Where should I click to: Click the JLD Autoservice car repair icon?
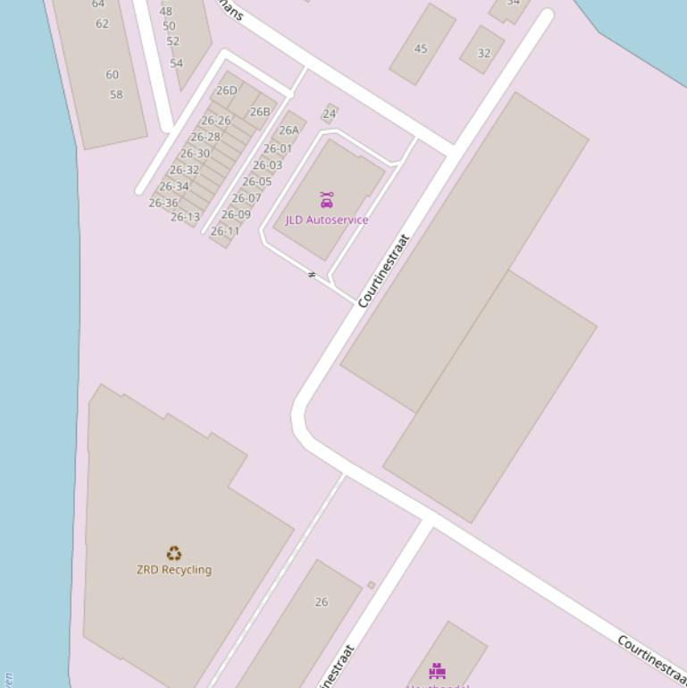click(327, 200)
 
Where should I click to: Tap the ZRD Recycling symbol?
click(174, 554)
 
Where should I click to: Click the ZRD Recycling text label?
click(174, 570)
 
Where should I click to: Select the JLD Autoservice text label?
click(327, 220)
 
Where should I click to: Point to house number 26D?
click(227, 90)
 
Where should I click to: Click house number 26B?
click(260, 112)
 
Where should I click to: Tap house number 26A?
click(289, 130)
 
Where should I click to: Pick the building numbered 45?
click(421, 49)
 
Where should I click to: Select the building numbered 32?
click(484, 54)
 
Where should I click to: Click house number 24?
click(329, 114)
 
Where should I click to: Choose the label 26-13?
click(185, 217)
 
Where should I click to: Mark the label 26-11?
click(225, 231)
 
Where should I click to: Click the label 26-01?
click(278, 149)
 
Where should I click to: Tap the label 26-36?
click(163, 204)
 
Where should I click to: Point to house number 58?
click(116, 95)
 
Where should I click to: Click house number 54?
click(176, 63)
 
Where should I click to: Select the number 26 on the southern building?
click(322, 602)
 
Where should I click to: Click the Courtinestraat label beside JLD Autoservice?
click(383, 271)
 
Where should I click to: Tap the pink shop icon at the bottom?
click(437, 671)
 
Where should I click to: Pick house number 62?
click(102, 24)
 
